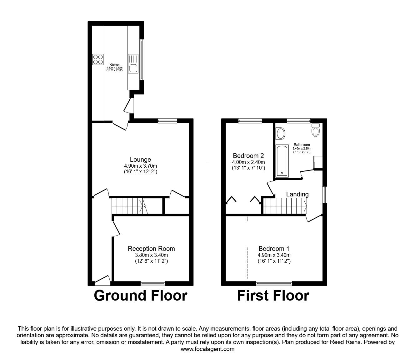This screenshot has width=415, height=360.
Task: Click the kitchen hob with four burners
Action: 98,59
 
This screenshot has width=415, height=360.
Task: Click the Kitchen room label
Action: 114,65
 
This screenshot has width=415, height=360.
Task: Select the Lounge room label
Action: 141,160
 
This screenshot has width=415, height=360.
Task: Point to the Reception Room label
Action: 151,249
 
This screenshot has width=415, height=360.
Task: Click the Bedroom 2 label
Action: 248,156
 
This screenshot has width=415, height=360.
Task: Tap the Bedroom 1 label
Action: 274,249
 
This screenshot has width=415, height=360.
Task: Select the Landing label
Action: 297,194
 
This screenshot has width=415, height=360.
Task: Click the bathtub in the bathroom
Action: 282,160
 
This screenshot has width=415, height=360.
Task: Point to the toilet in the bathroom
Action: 316,129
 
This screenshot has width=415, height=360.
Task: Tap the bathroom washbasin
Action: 281,134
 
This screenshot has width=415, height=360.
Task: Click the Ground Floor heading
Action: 141,296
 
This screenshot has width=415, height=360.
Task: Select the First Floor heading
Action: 273,296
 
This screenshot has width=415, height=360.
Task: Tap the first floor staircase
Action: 284,206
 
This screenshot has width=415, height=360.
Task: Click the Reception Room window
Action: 153,283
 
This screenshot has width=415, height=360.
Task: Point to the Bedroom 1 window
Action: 274,283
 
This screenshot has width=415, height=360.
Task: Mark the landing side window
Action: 325,195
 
